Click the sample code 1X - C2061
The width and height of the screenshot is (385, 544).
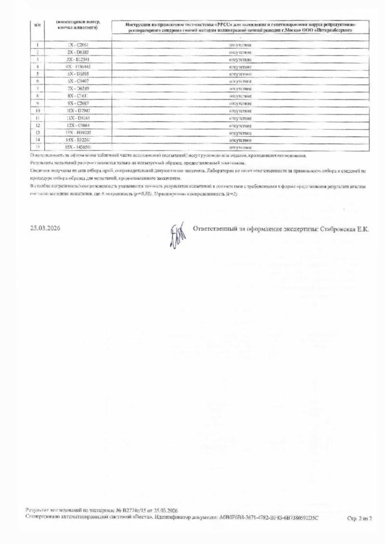pyautogui.click(x=77, y=45)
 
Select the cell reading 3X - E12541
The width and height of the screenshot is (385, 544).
pyautogui.click(x=77, y=59)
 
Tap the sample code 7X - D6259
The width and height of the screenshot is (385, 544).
pyautogui.click(x=77, y=89)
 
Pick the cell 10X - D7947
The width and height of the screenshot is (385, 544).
pyautogui.click(x=77, y=110)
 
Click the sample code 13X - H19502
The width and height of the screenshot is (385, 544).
pyautogui.click(x=77, y=132)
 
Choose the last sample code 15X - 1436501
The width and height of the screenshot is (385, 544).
pyautogui.click(x=77, y=147)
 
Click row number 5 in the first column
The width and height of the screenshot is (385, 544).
pyautogui.click(x=37, y=74)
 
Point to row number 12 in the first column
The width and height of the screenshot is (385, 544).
pyautogui.click(x=37, y=125)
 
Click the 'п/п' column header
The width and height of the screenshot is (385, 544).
pyautogui.click(x=37, y=24)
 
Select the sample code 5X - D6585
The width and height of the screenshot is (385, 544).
pyautogui.click(x=77, y=74)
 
